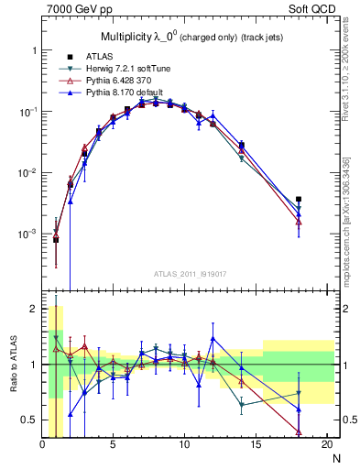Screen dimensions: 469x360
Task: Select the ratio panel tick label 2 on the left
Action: tap(32, 310)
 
